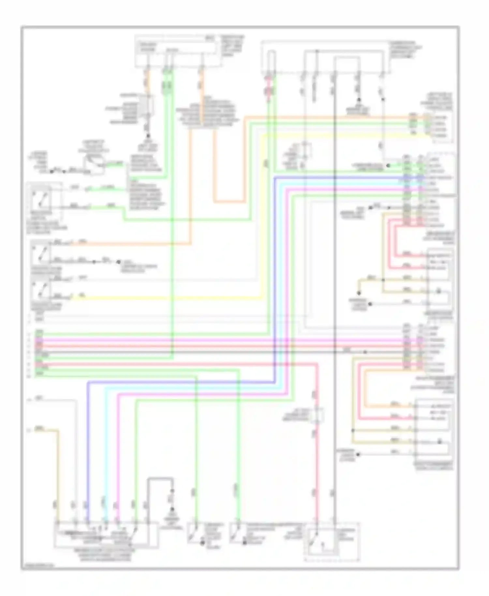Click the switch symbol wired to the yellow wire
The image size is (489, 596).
(41, 290)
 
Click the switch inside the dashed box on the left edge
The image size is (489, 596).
(41, 197)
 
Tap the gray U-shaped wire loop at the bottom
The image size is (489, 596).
(160, 479)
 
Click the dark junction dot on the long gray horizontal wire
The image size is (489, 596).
(365, 352)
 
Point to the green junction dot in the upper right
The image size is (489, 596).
(388, 166)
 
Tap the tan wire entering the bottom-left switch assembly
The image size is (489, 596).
(59, 473)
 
